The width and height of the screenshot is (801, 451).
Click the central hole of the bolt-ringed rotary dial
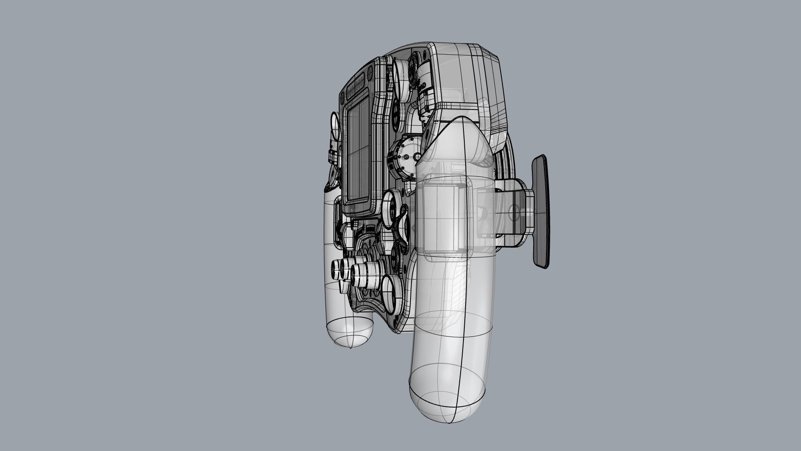[416, 156]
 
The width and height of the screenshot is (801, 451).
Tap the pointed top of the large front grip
[459, 125]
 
